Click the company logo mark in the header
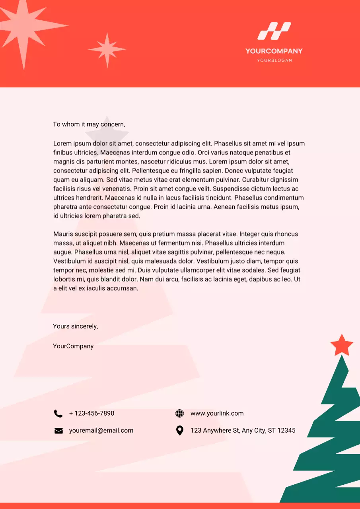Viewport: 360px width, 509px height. [274, 31]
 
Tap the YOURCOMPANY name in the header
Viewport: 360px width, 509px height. [274, 51]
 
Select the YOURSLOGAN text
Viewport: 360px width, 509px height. [274, 60]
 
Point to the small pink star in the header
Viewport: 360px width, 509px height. [107, 50]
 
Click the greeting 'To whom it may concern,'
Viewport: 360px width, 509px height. [89, 124]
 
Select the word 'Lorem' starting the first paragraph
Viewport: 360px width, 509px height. [62, 144]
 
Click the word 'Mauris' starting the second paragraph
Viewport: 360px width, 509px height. [63, 234]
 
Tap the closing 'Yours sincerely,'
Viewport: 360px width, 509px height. [76, 326]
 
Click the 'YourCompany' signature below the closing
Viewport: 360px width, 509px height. [73, 346]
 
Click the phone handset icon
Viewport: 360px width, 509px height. [58, 414]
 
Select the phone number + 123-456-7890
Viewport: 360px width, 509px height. [91, 414]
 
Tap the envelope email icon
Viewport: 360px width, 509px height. [58, 431]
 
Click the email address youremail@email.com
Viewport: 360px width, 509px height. [101, 431]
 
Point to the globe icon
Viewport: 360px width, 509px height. [180, 414]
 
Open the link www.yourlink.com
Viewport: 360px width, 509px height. [217, 414]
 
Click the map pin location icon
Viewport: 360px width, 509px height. [180, 431]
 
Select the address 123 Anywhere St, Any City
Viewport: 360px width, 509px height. [243, 431]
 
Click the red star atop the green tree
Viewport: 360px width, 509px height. [342, 346]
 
